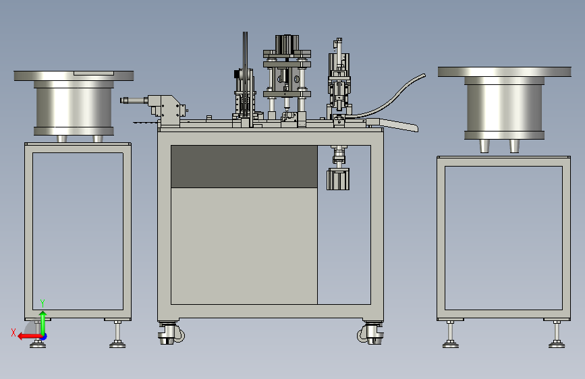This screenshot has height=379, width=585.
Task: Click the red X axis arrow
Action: [30, 337]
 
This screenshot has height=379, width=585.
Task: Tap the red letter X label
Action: [13, 332]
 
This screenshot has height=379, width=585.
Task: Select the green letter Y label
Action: [43, 303]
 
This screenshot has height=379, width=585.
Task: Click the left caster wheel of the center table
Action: [170, 332]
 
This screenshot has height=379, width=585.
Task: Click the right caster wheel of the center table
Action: [370, 332]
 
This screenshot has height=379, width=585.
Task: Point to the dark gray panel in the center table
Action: [244, 167]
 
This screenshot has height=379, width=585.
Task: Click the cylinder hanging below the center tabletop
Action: [338, 179]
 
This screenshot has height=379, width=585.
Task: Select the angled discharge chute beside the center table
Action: [393, 125]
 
